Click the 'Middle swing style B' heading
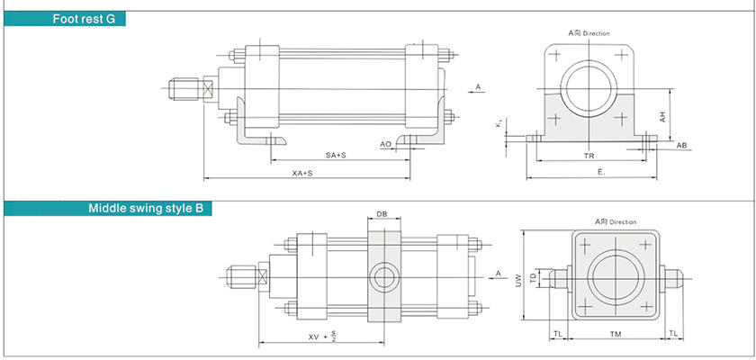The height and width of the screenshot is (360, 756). pyautogui.click(x=145, y=209)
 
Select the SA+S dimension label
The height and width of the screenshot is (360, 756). pyautogui.click(x=336, y=156)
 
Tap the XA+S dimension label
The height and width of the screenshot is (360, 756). pyautogui.click(x=303, y=172)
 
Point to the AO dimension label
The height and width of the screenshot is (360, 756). pyautogui.click(x=385, y=143)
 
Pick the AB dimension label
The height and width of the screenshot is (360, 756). pyautogui.click(x=681, y=145)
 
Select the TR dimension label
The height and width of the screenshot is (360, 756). pyautogui.click(x=589, y=156)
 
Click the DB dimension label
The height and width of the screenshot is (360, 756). pyautogui.click(x=382, y=215)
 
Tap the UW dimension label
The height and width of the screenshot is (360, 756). pyautogui.click(x=518, y=281)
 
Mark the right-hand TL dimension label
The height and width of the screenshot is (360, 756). pyautogui.click(x=672, y=333)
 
